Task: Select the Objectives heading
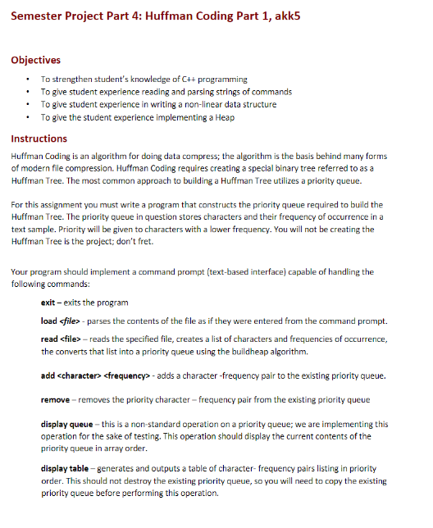pos(35,60)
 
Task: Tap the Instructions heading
pos(39,139)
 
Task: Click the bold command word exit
pos(48,303)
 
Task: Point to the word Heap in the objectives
pos(224,118)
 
